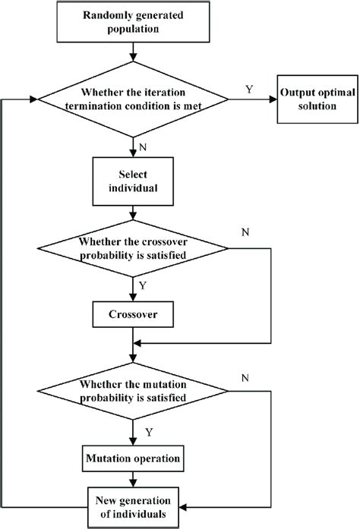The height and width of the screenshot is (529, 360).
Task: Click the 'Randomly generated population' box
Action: coord(134,24)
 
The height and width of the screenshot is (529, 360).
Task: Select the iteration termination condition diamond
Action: coord(134,99)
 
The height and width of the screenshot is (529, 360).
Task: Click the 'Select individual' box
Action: coord(134,181)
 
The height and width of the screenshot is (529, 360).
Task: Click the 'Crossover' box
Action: coord(134,312)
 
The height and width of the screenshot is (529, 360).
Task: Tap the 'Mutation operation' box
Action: coord(134,458)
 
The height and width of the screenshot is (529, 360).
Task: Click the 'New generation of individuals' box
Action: coord(134,504)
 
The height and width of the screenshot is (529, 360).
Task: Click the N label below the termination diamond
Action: coord(144,143)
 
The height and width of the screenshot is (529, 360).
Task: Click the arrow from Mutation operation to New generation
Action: coord(134,479)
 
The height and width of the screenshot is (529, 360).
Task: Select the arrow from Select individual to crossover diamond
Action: coord(134,216)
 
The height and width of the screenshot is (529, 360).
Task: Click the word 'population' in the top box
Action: coord(134,31)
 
